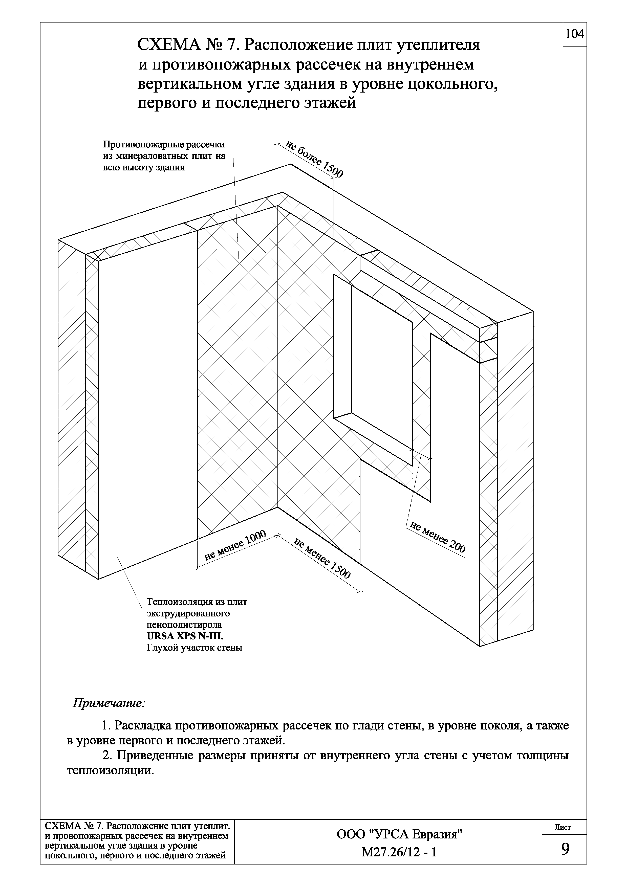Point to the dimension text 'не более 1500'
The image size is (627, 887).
(314, 159)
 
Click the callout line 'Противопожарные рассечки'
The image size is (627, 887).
(163, 145)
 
